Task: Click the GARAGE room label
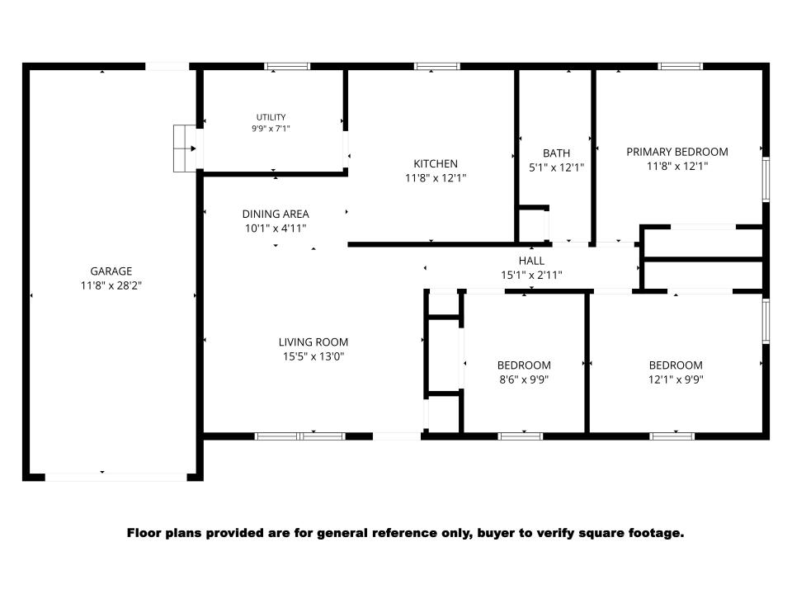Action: [x=111, y=271]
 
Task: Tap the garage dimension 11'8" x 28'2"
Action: [x=111, y=286]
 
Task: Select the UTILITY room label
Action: [x=271, y=117]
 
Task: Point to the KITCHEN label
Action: [x=436, y=163]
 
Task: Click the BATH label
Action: [x=557, y=153]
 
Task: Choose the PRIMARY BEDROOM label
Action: [x=677, y=152]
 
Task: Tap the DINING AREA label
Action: [x=276, y=214]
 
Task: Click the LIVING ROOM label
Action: [x=313, y=342]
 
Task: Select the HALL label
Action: [x=531, y=261]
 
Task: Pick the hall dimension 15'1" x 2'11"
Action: [x=531, y=276]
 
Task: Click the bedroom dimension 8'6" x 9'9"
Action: [x=524, y=379]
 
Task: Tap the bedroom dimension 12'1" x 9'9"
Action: [x=676, y=379]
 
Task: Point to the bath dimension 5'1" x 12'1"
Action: [x=557, y=167]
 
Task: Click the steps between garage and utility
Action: [x=184, y=148]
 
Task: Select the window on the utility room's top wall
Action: [x=287, y=66]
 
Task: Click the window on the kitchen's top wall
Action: [x=437, y=66]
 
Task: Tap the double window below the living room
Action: [x=300, y=436]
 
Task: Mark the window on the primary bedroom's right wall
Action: [x=766, y=179]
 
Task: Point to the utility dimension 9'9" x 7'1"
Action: [x=271, y=129]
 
